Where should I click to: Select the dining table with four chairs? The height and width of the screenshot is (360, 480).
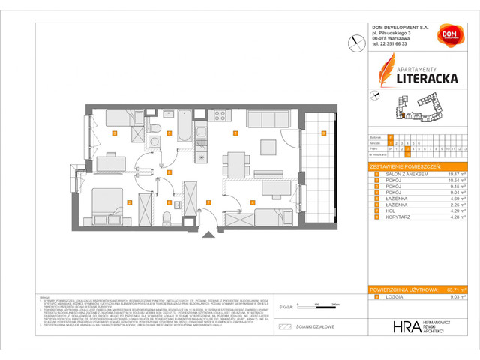tap(236, 162)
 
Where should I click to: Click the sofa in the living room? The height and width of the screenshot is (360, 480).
tap(266, 120)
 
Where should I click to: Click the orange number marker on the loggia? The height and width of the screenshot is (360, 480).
tap(323, 134)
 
